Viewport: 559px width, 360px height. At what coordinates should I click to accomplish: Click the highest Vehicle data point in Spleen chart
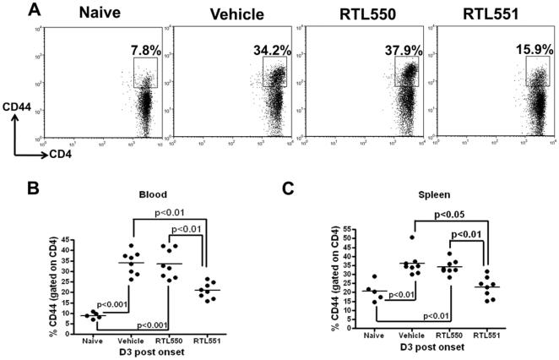(410, 237)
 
